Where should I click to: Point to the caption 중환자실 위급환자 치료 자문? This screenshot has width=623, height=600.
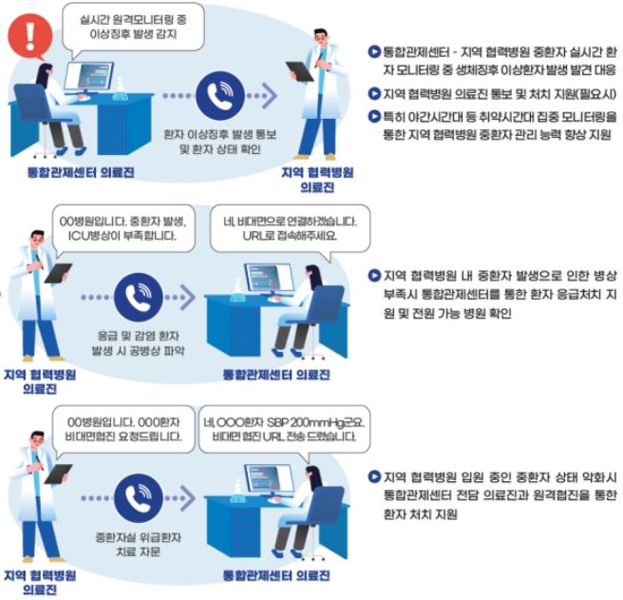point(140,541)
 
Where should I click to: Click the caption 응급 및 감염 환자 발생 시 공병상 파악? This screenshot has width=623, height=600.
point(140,344)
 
